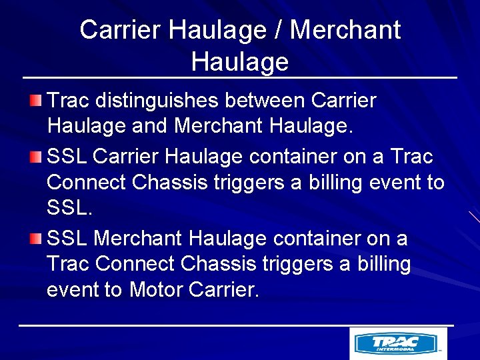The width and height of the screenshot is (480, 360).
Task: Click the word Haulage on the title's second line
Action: pos(239,61)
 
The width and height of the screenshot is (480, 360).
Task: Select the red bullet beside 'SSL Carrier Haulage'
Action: pos(35,157)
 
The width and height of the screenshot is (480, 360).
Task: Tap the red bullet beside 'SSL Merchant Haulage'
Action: pos(35,238)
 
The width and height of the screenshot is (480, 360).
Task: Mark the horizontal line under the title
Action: pos(240,78)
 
